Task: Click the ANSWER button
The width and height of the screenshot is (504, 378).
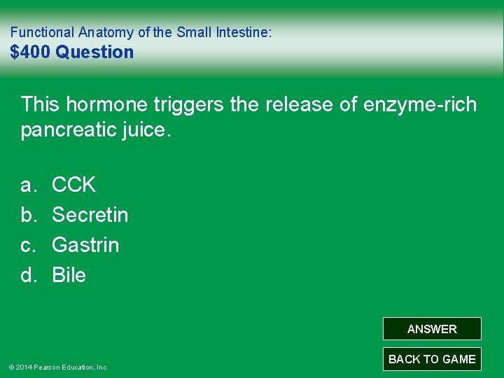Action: (x=432, y=329)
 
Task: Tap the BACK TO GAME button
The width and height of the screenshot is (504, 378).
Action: (x=432, y=359)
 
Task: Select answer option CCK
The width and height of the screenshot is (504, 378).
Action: (x=73, y=185)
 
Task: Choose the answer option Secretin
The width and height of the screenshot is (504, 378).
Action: (x=90, y=215)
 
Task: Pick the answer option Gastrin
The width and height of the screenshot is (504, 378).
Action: (x=85, y=245)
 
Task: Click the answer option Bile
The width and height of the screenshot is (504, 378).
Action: (x=69, y=275)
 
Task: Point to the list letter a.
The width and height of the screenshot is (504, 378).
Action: (x=28, y=185)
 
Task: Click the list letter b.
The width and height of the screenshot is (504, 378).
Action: (x=28, y=215)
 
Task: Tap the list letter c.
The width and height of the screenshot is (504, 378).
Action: (x=28, y=245)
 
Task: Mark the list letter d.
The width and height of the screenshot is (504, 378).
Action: (x=28, y=275)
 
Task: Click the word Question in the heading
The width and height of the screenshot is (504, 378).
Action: (x=94, y=52)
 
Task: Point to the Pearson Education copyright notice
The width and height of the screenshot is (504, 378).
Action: (x=58, y=367)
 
